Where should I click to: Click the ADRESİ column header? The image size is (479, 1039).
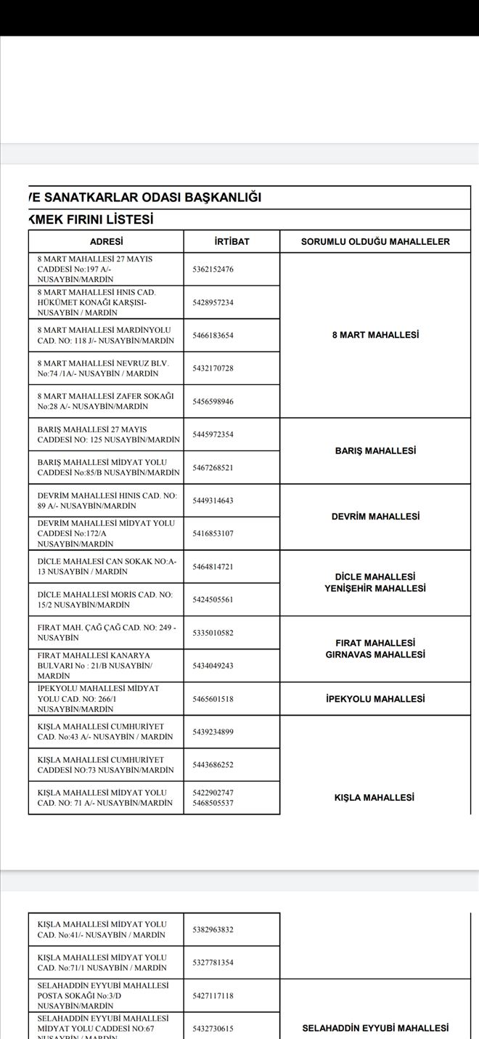(x=106, y=241)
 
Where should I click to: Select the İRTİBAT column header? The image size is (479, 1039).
(x=232, y=241)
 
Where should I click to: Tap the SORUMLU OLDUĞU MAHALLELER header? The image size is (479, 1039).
(x=375, y=241)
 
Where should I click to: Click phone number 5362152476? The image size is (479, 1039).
(x=213, y=270)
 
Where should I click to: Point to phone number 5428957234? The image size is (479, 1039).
(x=213, y=302)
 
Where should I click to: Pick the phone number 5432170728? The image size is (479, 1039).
(x=213, y=368)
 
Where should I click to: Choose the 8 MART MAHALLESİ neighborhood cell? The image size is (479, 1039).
(x=375, y=335)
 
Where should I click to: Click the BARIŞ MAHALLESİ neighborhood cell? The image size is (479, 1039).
(x=375, y=450)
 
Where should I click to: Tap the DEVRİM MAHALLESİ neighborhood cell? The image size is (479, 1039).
(x=375, y=517)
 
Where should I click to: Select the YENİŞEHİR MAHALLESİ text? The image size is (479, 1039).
(x=375, y=589)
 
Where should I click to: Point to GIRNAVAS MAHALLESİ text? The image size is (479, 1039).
(x=375, y=655)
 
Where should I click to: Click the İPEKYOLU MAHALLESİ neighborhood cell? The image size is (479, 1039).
(x=375, y=699)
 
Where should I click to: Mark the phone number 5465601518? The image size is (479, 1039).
(x=213, y=699)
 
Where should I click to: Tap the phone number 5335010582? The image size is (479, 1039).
(x=213, y=633)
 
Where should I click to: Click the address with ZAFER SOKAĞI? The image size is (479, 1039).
(x=106, y=401)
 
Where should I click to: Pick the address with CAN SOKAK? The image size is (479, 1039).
(x=107, y=566)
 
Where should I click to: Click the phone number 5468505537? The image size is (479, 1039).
(x=213, y=803)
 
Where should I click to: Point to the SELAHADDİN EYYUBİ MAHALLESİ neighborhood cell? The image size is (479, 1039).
(x=375, y=1028)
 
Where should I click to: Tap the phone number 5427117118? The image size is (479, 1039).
(x=213, y=995)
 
